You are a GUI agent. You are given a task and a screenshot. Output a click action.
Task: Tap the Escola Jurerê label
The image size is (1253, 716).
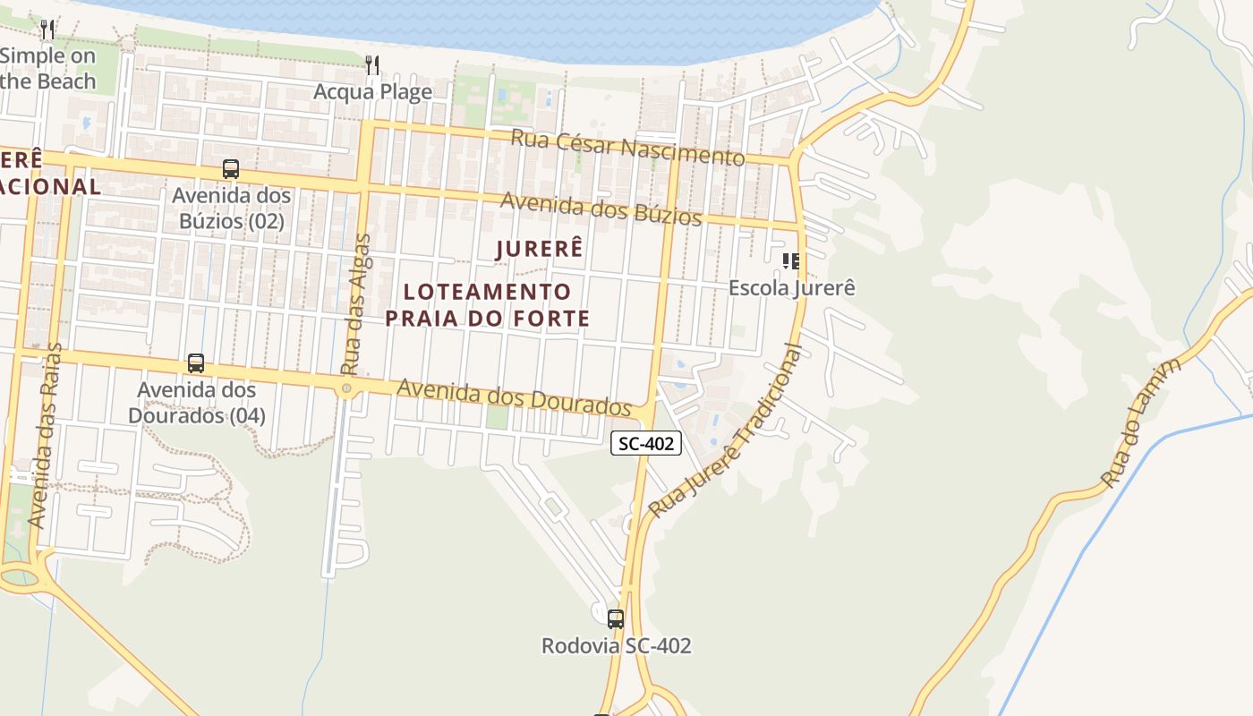[791, 288]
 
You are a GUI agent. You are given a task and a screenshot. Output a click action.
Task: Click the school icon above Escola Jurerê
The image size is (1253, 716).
[790, 261]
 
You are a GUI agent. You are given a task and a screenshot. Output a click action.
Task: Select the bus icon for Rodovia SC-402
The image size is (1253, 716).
[615, 618]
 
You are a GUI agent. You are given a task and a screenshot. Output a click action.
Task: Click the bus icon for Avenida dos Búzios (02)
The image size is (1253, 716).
[231, 168]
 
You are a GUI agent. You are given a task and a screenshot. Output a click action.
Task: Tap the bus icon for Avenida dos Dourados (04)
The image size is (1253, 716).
[196, 363]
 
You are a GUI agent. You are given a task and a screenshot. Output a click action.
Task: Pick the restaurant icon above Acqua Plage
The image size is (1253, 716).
[372, 64]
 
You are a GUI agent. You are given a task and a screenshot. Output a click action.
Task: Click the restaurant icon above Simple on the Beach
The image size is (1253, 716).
[47, 30]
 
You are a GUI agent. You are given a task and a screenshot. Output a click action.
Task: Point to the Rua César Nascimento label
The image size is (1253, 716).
[627, 147]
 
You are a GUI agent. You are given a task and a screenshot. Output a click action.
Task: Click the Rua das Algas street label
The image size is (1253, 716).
[355, 304]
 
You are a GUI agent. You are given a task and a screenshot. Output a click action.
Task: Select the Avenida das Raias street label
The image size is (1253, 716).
[46, 435]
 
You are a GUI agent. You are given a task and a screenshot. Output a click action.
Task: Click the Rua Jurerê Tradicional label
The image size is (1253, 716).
[727, 430]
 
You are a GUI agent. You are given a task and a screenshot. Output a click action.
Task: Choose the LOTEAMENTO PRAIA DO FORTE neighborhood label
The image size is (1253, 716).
[487, 304]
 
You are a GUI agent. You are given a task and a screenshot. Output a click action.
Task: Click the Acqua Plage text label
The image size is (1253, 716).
[372, 91]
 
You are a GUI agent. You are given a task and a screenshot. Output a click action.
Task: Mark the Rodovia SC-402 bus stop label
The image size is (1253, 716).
[616, 645]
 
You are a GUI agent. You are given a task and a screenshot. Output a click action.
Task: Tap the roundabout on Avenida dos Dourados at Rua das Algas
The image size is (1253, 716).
[346, 388]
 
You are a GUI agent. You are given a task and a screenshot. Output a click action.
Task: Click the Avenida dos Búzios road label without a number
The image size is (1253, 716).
[601, 208]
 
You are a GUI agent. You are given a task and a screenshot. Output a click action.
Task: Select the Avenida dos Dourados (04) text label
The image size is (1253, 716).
[196, 403]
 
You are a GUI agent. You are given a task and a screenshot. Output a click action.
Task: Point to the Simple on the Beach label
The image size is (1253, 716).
[47, 68]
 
